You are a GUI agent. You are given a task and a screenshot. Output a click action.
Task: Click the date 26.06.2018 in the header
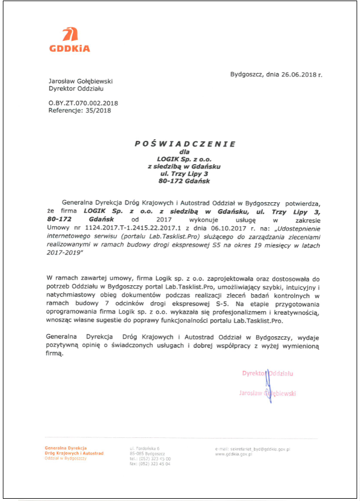(299, 74)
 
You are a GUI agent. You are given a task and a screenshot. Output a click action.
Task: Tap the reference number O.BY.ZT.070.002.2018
(83, 103)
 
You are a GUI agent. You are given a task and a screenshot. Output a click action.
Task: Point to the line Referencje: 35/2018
(79, 110)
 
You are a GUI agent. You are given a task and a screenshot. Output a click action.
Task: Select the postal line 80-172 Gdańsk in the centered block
(185, 181)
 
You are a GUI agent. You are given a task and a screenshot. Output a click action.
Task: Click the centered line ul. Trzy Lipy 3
(185, 173)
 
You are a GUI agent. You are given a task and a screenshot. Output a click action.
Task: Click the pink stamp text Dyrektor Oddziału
(267, 373)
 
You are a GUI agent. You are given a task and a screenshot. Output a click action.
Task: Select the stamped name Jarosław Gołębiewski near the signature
(267, 393)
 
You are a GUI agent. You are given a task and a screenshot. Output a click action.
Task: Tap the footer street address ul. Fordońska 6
(144, 449)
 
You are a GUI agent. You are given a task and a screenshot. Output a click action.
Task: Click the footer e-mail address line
(253, 449)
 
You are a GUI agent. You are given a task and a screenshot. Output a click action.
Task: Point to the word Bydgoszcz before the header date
(247, 74)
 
